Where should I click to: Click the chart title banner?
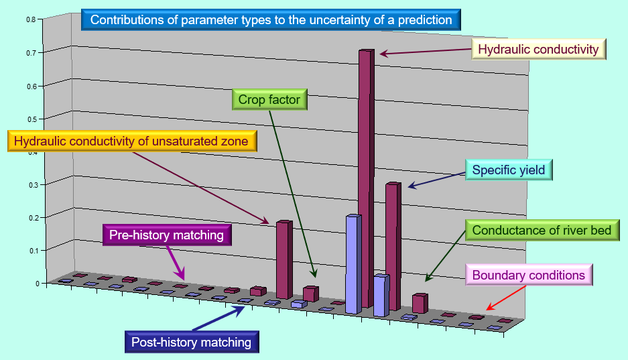[271, 19]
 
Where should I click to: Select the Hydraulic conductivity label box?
[539, 49]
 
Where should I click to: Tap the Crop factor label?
[269, 99]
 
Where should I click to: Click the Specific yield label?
[509, 170]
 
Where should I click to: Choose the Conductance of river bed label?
[542, 230]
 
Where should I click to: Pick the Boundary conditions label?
[529, 275]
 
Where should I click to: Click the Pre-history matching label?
[167, 235]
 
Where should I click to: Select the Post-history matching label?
[192, 342]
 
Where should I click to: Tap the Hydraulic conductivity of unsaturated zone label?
[132, 141]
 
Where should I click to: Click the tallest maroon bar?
[367, 178]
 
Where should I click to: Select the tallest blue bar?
[354, 264]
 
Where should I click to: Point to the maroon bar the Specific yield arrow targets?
[393, 246]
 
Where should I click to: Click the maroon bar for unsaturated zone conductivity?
[284, 259]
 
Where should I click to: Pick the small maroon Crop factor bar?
[311, 294]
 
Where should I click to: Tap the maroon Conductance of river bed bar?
[420, 303]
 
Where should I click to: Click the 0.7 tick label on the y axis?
[32, 53]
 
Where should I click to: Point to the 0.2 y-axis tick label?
[32, 218]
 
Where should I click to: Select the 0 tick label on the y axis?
[38, 284]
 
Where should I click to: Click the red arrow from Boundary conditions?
[506, 298]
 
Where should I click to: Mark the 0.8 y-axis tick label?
[32, 19]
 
